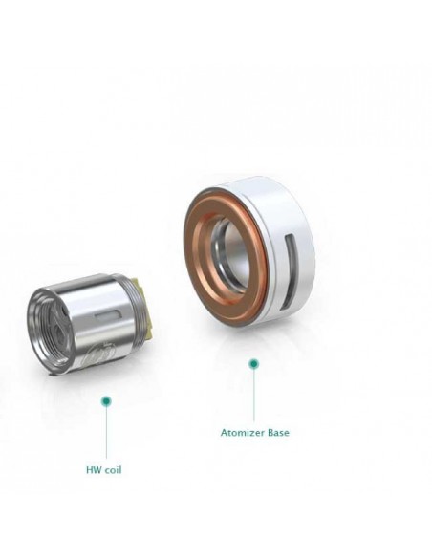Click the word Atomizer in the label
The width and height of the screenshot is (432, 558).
pyautogui.click(x=243, y=433)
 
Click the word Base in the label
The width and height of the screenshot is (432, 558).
pyautogui.click(x=278, y=433)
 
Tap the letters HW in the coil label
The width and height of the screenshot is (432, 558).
pyautogui.click(x=93, y=470)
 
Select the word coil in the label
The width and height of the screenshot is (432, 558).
pyautogui.click(x=113, y=470)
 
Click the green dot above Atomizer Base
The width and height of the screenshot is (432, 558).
pyautogui.click(x=253, y=364)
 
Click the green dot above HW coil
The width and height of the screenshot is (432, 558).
pyautogui.click(x=106, y=401)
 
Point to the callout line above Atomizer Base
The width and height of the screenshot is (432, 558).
pyautogui.click(x=253, y=395)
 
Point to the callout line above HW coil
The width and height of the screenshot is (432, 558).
pyautogui.click(x=106, y=432)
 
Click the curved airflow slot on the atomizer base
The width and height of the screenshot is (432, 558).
pyautogui.click(x=290, y=270)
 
